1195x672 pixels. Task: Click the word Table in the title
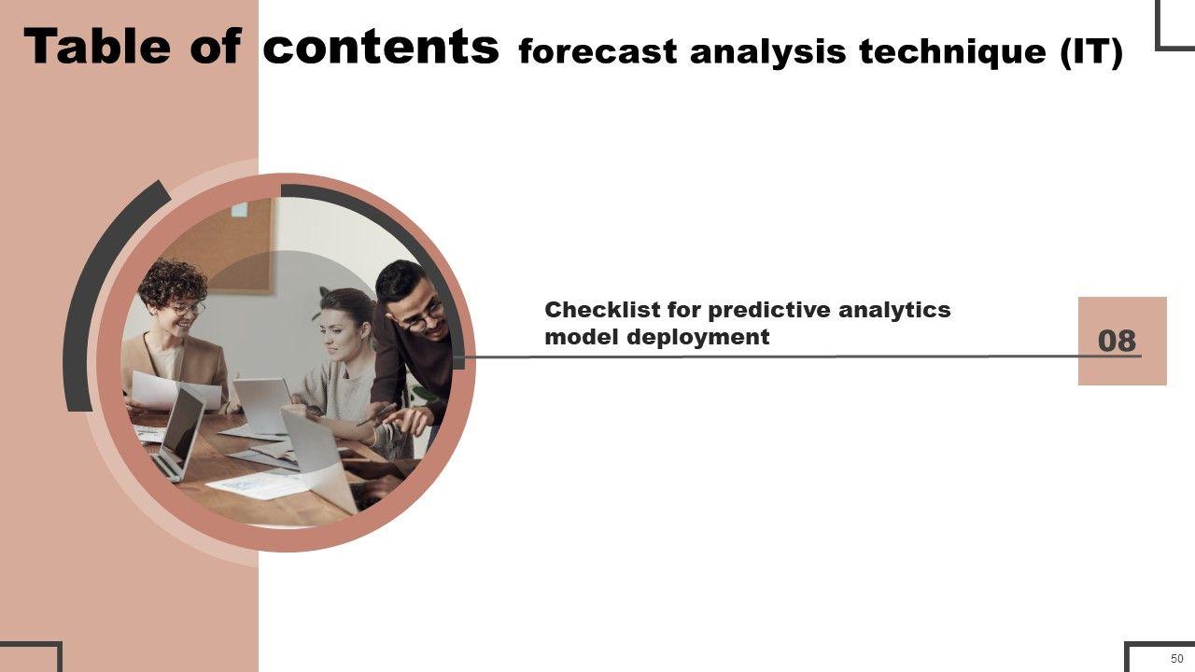98,47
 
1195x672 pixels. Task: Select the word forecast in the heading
597,51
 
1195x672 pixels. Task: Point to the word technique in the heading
953,53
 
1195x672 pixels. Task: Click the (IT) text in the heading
1091,53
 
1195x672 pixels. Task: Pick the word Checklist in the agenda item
602,309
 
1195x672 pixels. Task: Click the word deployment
697,338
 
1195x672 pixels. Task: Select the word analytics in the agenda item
894,310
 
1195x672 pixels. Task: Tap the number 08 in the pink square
1118,341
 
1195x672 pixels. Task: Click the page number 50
1177,658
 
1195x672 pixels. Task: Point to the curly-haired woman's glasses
188,308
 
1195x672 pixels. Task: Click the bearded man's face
420,313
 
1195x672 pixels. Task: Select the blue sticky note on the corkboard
239,210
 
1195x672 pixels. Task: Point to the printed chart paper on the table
257,485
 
